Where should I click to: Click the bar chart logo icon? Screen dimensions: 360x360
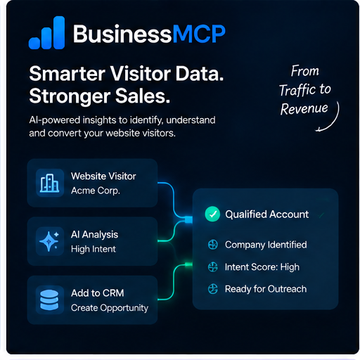(46, 32)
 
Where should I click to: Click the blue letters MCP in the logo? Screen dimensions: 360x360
(199, 34)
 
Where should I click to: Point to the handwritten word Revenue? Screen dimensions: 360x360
(304, 109)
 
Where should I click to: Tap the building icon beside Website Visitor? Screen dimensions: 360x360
(50, 183)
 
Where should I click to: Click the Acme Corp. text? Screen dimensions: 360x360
(96, 191)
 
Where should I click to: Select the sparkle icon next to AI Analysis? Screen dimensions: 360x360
(50, 241)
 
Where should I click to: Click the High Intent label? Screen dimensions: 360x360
(94, 249)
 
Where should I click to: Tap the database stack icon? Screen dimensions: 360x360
(49, 300)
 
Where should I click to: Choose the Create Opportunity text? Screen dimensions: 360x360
(110, 308)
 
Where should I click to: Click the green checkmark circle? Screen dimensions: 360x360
(212, 214)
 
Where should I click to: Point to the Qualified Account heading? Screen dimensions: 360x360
(267, 214)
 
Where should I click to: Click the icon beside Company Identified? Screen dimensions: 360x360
(213, 245)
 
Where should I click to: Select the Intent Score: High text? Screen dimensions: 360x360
(262, 267)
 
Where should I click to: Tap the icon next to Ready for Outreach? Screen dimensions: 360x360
(213, 289)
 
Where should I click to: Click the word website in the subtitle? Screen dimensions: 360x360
(123, 133)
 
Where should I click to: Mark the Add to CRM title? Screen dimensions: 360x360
(97, 293)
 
